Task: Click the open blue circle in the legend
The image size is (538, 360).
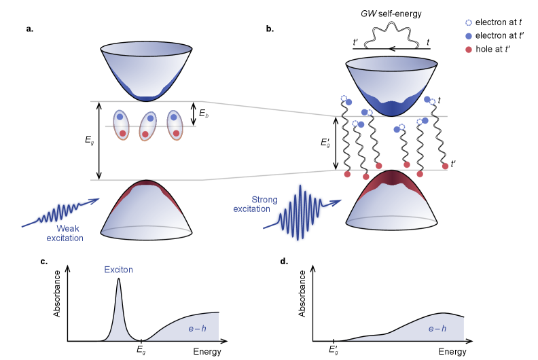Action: tap(468, 23)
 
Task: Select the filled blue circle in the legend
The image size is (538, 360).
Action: tap(468, 37)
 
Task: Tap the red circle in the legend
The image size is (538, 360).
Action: tap(468, 50)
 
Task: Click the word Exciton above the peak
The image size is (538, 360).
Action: tap(118, 270)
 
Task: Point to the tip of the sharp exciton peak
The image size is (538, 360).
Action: tap(119, 281)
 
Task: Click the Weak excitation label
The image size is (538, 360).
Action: tap(66, 233)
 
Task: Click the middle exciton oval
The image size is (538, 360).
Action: tap(147, 126)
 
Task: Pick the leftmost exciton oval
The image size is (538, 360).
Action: tap(121, 124)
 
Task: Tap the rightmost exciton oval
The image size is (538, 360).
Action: tap(175, 125)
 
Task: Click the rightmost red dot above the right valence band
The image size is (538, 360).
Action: tap(445, 166)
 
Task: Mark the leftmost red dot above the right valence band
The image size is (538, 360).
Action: tap(347, 175)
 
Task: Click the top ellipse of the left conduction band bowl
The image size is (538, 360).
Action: tap(146, 49)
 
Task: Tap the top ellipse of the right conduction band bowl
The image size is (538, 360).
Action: tap(391, 64)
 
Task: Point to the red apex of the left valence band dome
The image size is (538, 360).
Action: tap(146, 183)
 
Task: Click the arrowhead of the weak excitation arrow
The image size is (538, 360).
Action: tap(96, 200)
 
